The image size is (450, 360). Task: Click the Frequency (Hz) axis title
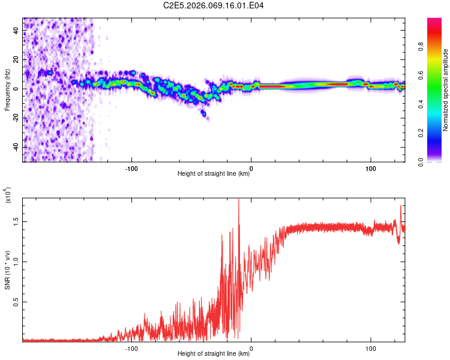coord(7,90)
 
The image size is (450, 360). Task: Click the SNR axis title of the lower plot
coord(7,270)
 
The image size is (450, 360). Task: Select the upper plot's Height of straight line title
coord(214,174)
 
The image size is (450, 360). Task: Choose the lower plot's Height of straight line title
coord(214,354)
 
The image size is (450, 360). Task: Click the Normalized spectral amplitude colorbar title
coord(445,90)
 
